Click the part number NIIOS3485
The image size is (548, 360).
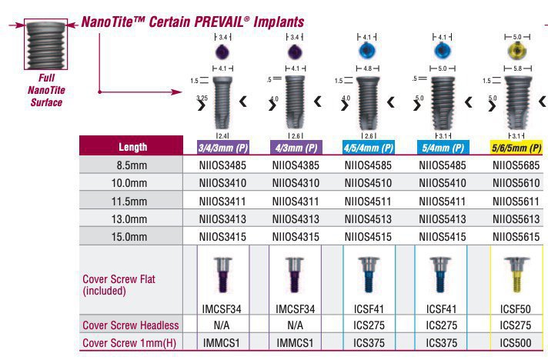222,164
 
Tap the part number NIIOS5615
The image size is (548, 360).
516,237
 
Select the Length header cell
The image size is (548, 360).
133,146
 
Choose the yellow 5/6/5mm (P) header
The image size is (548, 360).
516,146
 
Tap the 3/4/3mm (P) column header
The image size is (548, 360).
222,146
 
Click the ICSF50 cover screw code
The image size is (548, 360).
515,308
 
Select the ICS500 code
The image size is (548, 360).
515,342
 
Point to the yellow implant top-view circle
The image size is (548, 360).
516,50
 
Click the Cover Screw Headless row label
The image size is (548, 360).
130,325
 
